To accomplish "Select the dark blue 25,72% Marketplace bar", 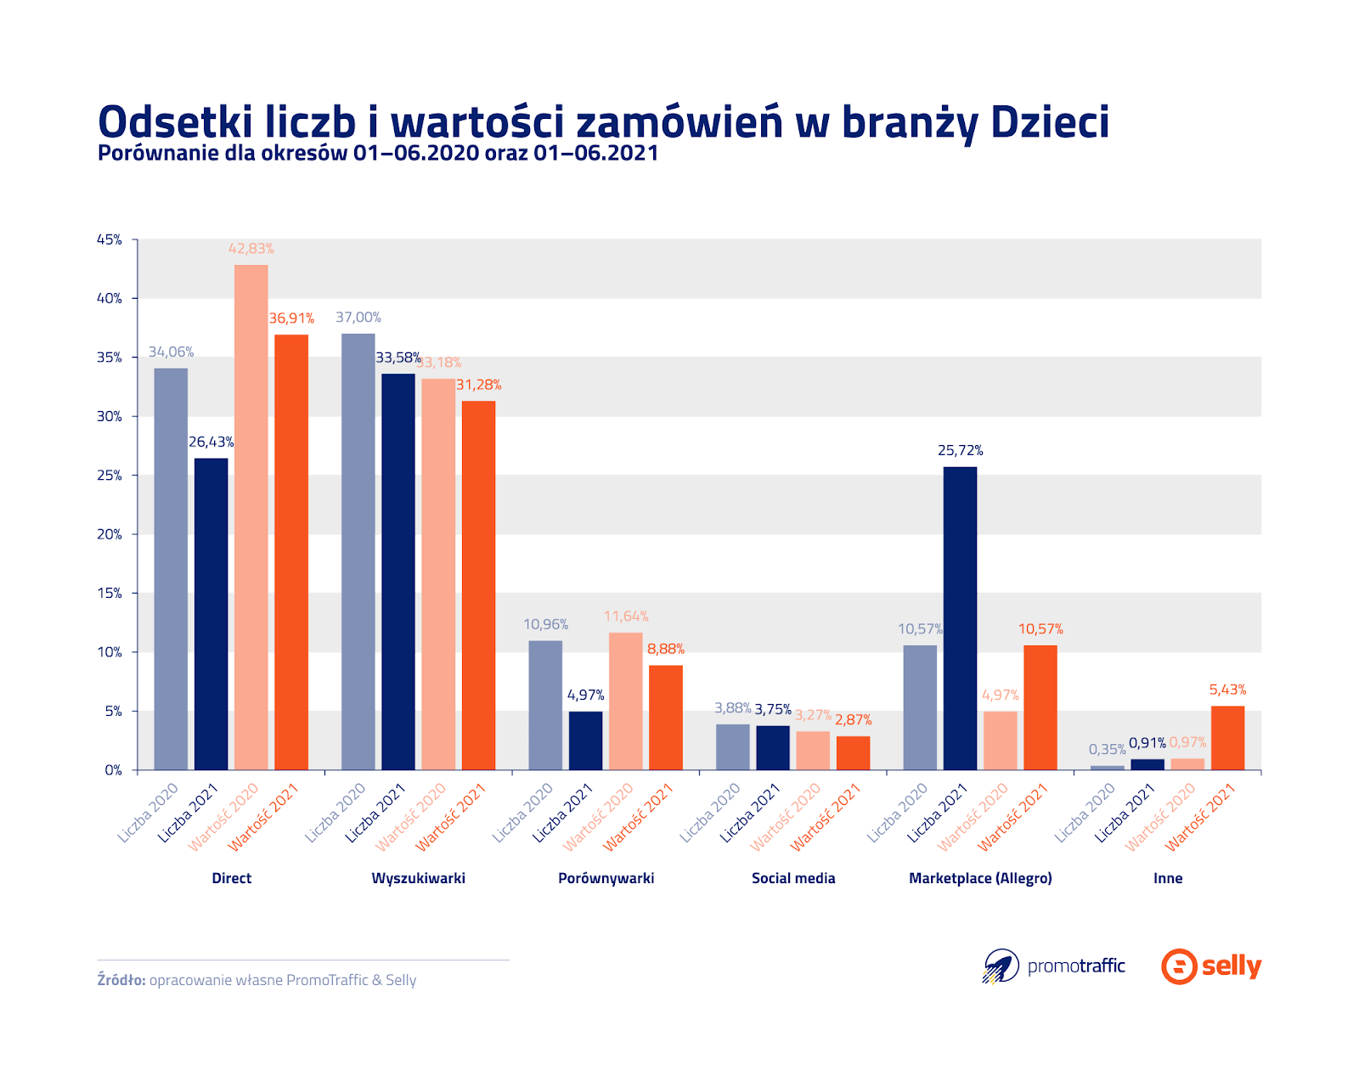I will [x=960, y=618].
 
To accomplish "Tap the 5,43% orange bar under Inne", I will [x=1227, y=738].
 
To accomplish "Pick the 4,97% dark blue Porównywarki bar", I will [x=585, y=741].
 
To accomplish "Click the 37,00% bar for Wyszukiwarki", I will [x=358, y=551].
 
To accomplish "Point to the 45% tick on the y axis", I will [x=109, y=239].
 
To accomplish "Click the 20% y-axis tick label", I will [x=109, y=534].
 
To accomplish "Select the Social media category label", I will [x=793, y=878].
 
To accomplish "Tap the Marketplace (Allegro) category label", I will [x=980, y=878].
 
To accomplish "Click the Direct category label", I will [x=231, y=878].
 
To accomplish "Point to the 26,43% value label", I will [x=211, y=442].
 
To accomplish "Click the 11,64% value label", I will [x=626, y=617].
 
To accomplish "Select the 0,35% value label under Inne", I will [x=1107, y=749].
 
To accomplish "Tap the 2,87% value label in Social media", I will [x=853, y=720].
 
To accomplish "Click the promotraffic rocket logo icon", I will [x=1001, y=966].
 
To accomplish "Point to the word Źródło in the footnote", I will [x=121, y=980].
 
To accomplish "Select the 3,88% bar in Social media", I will [x=732, y=747].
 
